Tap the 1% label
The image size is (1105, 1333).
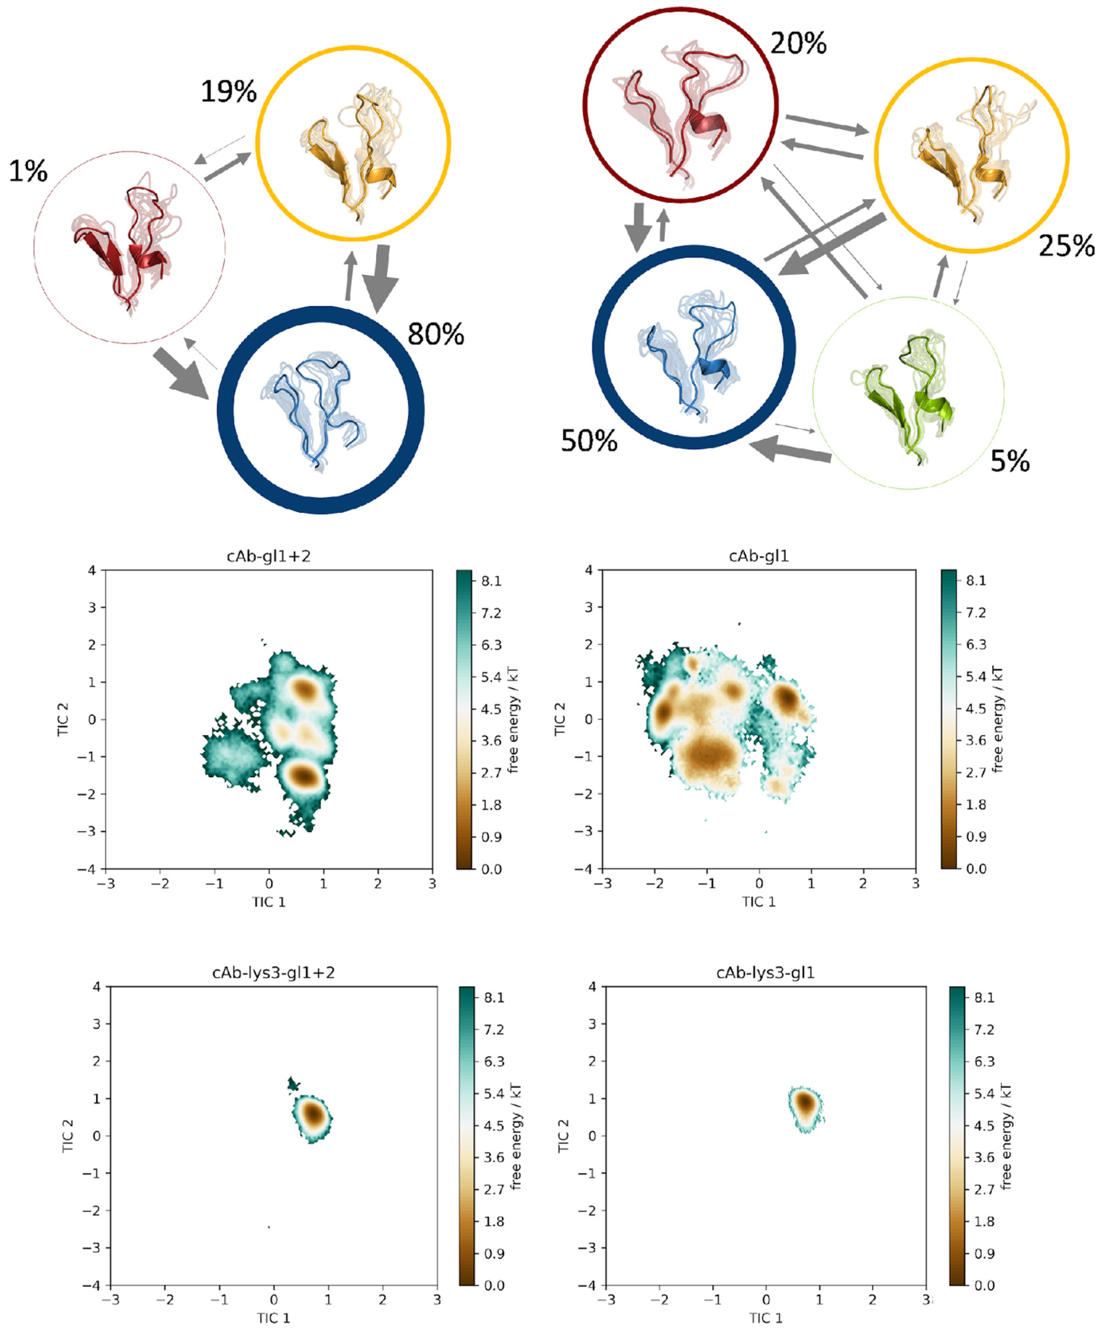pos(28,171)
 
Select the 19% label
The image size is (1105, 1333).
pos(229,92)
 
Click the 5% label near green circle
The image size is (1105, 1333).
pos(1010,461)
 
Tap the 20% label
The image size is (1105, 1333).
pos(798,43)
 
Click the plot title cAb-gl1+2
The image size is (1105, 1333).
pos(268,556)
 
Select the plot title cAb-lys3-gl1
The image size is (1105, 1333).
pos(765,973)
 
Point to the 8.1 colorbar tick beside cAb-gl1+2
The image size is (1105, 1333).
pos(491,581)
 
